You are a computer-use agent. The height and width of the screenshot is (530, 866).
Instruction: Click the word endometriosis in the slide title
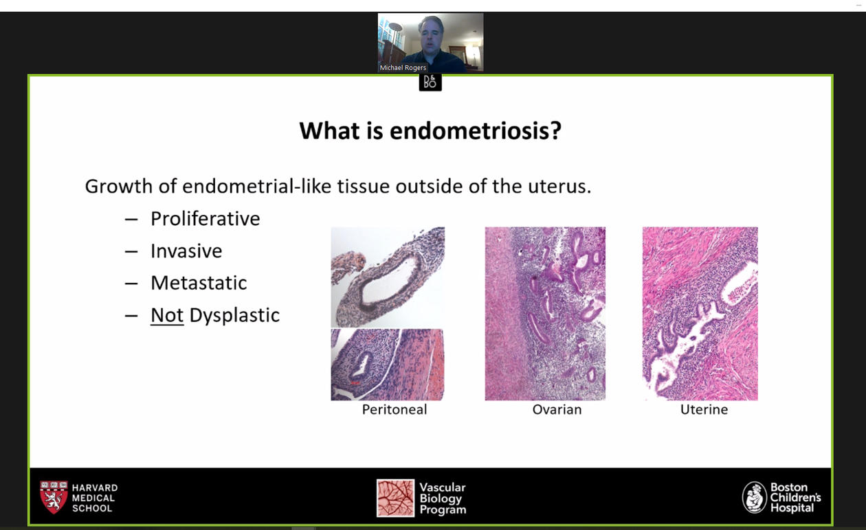tap(475, 131)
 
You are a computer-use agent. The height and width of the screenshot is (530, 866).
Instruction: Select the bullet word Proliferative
tap(206, 218)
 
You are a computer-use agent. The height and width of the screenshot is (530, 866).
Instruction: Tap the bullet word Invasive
tap(186, 251)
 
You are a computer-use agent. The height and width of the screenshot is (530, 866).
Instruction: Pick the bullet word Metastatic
tap(199, 283)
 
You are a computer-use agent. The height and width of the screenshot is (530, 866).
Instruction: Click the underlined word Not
tap(167, 315)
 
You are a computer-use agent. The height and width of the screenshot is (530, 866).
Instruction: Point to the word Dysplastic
tap(234, 316)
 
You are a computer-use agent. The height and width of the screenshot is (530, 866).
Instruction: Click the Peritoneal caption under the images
tap(395, 409)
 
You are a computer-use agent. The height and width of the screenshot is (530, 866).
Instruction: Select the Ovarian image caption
tap(557, 409)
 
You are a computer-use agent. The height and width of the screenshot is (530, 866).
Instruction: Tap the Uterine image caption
tap(704, 409)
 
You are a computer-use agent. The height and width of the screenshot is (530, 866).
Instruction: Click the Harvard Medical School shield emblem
tap(54, 497)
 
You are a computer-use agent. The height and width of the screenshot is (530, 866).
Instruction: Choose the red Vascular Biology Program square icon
tap(395, 498)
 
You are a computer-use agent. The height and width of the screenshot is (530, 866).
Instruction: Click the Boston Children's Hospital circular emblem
tap(754, 498)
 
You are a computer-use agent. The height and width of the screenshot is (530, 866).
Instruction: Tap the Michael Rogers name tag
tap(403, 67)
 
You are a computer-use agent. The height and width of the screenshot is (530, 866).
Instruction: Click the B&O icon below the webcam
tap(430, 82)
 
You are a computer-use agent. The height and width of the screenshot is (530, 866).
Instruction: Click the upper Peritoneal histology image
tap(388, 277)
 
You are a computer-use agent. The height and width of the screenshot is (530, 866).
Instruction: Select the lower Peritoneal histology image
tap(388, 365)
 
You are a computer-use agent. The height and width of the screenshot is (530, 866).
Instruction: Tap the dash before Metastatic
tap(131, 284)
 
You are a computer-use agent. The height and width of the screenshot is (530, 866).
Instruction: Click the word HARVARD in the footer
tap(95, 488)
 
